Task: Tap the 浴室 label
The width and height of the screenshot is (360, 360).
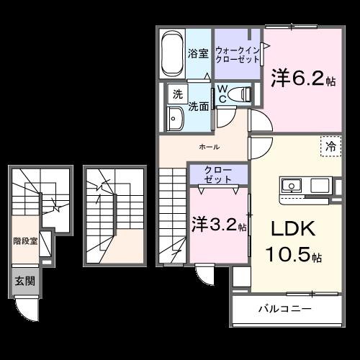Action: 198,53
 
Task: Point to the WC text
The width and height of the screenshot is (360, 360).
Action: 224,94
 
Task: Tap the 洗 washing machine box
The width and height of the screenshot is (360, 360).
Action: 176,94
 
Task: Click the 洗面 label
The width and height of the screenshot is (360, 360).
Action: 199,106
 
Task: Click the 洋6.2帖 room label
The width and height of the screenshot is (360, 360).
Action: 302,78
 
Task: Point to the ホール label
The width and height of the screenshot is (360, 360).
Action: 210,146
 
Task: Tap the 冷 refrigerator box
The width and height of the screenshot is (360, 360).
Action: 330,145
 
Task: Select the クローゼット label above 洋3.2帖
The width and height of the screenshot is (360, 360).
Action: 217,175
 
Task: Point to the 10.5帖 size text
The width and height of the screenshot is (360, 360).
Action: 296,255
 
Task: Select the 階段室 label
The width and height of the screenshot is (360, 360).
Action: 24,240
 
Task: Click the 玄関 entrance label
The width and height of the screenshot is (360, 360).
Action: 24,281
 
